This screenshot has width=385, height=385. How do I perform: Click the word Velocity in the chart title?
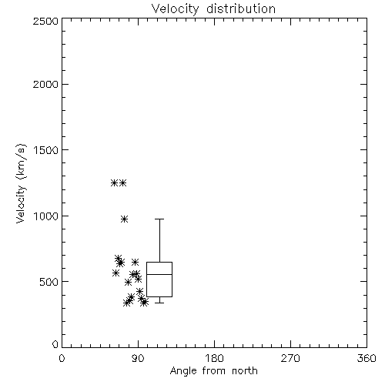[x=176, y=9]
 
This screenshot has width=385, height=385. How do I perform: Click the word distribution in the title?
[x=241, y=8]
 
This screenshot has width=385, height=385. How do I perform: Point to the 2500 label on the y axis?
[x=45, y=21]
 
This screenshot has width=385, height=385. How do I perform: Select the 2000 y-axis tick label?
[x=45, y=84]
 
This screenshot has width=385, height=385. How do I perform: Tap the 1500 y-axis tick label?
[x=46, y=150]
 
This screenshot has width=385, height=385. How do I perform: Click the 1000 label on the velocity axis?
[x=46, y=216]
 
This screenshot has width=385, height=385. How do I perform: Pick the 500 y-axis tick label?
[x=49, y=282]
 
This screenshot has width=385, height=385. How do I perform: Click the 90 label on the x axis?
[x=139, y=358]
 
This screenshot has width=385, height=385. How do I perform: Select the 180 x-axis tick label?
[x=214, y=358]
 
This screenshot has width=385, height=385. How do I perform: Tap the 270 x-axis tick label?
[x=290, y=358]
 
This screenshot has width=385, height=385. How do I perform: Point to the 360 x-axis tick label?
[x=367, y=358]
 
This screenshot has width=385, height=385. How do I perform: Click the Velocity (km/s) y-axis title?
[x=21, y=183]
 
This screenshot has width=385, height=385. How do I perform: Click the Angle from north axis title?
[x=214, y=371]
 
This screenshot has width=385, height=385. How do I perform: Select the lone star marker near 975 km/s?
[x=125, y=219]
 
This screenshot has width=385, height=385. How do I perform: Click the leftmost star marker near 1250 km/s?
[x=114, y=183]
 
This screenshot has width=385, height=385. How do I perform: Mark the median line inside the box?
[x=159, y=274]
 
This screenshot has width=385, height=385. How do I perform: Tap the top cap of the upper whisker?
[x=159, y=219]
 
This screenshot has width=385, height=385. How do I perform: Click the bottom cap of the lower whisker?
[x=159, y=303]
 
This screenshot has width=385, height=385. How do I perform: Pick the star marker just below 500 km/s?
[x=128, y=283]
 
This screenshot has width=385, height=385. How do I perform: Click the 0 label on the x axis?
[x=62, y=358]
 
